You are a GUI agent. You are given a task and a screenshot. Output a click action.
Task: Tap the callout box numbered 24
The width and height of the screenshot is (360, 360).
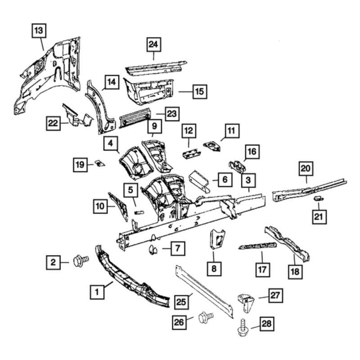[154, 45]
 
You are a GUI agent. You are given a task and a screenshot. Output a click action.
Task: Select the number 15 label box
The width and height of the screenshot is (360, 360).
[198, 92]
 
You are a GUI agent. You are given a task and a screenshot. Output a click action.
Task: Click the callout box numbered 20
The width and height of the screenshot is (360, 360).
[306, 169]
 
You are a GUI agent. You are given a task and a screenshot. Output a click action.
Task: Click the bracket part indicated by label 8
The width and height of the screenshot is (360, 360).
[216, 238]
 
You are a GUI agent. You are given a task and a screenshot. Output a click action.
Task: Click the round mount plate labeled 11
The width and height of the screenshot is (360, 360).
[211, 145]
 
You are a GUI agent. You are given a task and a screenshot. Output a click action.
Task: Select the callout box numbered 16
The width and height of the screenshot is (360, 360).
[251, 152]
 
